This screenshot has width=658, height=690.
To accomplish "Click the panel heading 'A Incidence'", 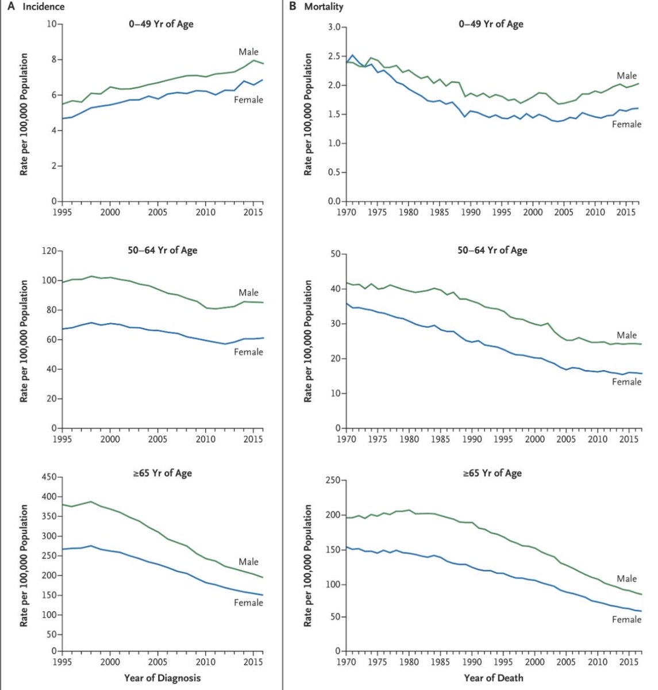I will (36, 7).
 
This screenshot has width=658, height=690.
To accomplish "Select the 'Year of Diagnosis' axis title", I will (163, 678).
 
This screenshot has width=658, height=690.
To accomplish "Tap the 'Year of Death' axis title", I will (494, 678).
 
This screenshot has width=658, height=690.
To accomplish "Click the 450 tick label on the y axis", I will (47, 477).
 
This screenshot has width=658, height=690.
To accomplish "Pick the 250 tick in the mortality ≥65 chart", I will (333, 481).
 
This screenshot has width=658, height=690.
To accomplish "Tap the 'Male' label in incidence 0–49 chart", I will (249, 52).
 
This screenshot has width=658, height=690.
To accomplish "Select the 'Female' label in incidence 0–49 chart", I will (248, 99).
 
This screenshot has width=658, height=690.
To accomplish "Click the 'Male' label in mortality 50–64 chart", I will (627, 335).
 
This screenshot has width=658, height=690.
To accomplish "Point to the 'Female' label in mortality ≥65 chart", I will (626, 619).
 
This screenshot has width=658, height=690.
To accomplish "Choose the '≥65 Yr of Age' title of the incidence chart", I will (163, 473).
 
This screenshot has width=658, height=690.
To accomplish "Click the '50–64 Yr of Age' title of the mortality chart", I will (492, 250).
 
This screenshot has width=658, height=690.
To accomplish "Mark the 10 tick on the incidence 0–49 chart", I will (51, 24).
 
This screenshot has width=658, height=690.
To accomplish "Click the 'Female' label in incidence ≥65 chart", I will (248, 603).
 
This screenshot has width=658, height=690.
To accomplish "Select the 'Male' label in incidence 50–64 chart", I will (249, 293).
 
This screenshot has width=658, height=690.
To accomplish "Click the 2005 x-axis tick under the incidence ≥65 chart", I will (158, 662).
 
